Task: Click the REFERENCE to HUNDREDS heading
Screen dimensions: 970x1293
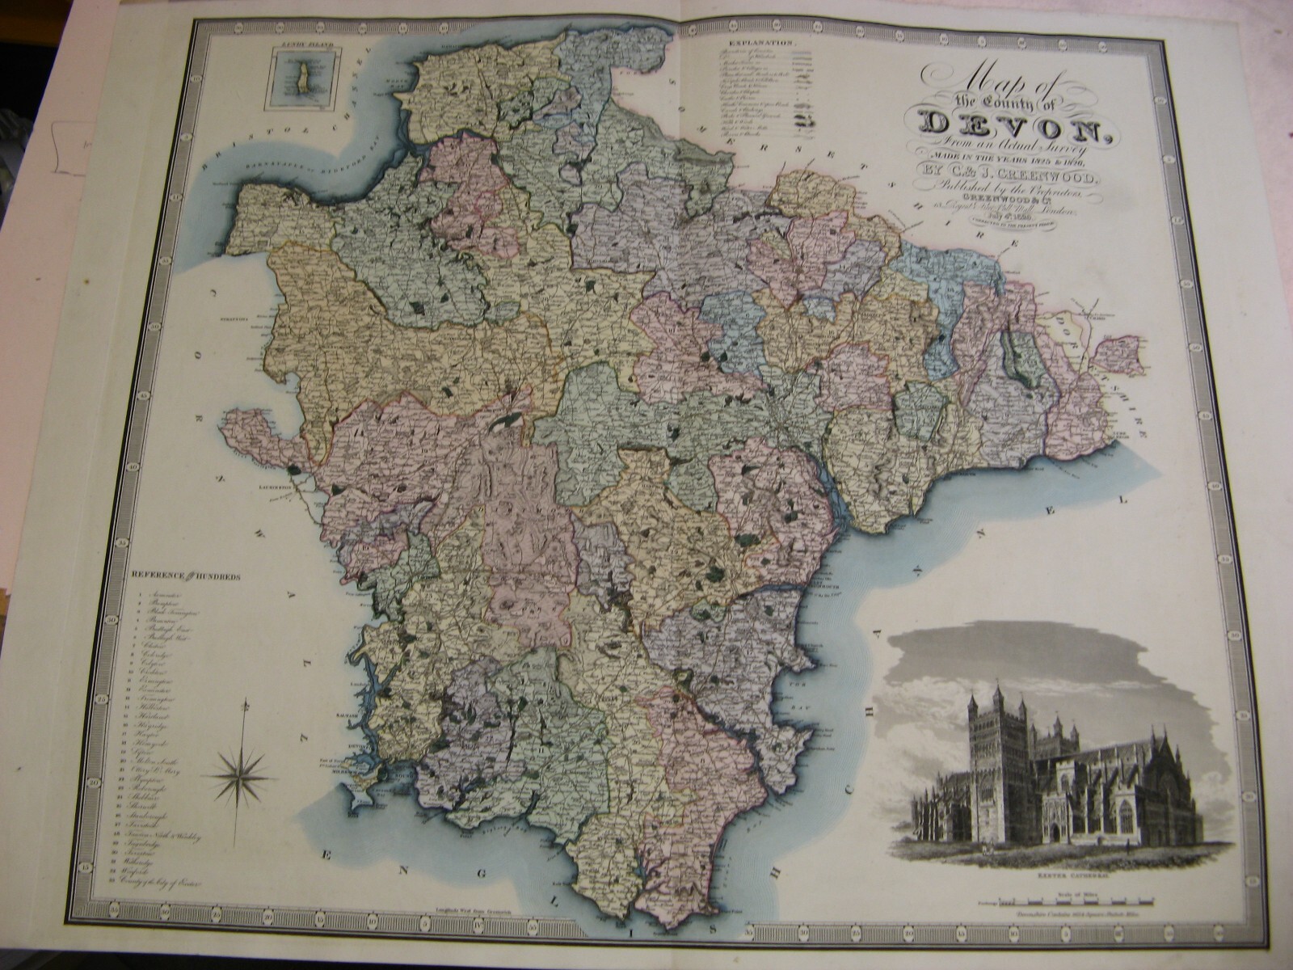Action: click(183, 576)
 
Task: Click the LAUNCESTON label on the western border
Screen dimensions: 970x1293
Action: click(284, 490)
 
